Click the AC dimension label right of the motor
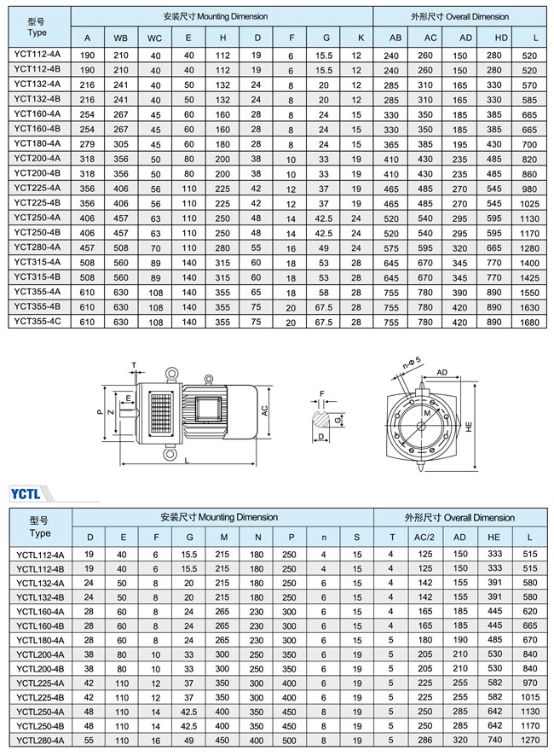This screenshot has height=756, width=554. (265, 409)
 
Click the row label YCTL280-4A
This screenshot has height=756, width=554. (40, 741)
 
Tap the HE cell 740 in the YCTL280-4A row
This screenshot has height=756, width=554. (495, 741)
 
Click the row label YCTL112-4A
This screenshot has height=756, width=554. (40, 555)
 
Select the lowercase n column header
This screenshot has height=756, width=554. (324, 537)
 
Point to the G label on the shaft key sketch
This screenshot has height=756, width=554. (338, 421)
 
